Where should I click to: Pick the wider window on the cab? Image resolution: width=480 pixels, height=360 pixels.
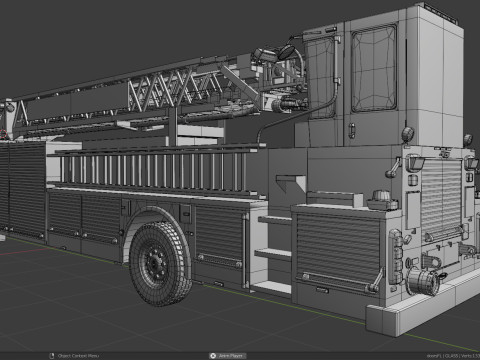point(373,67)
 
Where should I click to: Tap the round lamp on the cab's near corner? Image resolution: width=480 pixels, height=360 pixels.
point(407,134)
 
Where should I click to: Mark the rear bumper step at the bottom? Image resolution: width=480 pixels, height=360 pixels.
point(400,318)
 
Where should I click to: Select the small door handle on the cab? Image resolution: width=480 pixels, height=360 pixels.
point(351,127)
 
